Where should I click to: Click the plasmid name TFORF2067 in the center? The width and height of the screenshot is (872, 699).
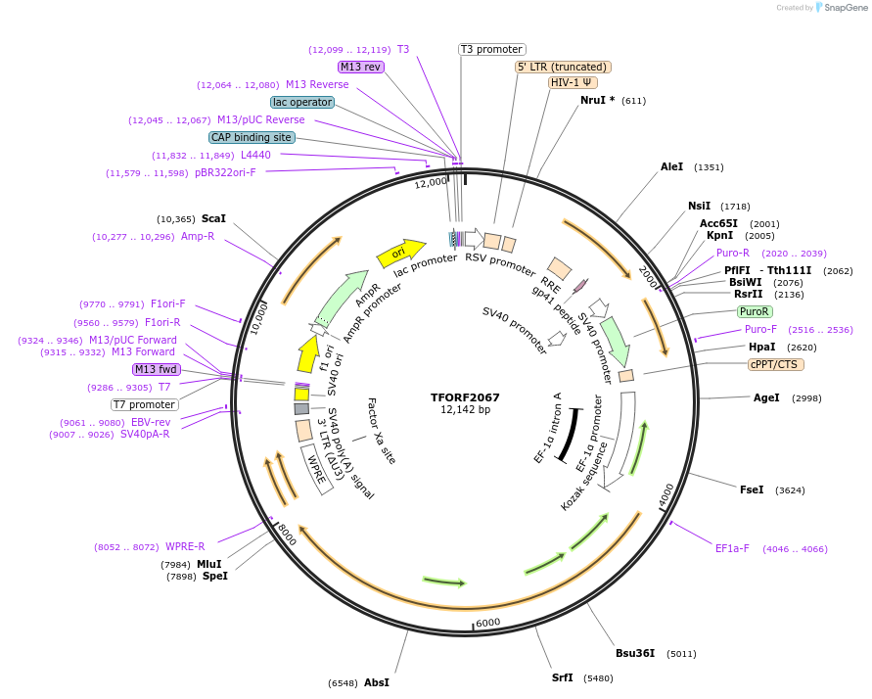pyautogui.click(x=465, y=397)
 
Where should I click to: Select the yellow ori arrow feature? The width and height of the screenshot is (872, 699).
pyautogui.click(x=400, y=254)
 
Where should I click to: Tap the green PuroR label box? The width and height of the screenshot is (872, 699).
pyautogui.click(x=754, y=311)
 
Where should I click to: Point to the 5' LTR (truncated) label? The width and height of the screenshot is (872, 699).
pyautogui.click(x=563, y=67)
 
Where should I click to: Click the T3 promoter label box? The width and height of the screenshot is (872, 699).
pyautogui.click(x=491, y=49)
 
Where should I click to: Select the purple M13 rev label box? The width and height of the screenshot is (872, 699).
pyautogui.click(x=361, y=67)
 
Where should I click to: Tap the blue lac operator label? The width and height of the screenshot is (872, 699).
pyautogui.click(x=302, y=102)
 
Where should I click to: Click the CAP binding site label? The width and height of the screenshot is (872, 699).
pyautogui.click(x=252, y=137)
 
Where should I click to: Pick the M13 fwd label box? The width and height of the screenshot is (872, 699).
pyautogui.click(x=156, y=369)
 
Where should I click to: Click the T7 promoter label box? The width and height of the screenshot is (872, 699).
pyautogui.click(x=144, y=404)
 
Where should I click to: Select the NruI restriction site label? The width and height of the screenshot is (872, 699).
pyautogui.click(x=597, y=100)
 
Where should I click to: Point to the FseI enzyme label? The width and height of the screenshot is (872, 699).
pyautogui.click(x=752, y=489)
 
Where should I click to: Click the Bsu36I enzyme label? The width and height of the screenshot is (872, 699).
pyautogui.click(x=634, y=653)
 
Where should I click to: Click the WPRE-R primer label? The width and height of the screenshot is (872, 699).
pyautogui.click(x=185, y=546)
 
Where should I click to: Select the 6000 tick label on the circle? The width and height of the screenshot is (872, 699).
pyautogui.click(x=487, y=623)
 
